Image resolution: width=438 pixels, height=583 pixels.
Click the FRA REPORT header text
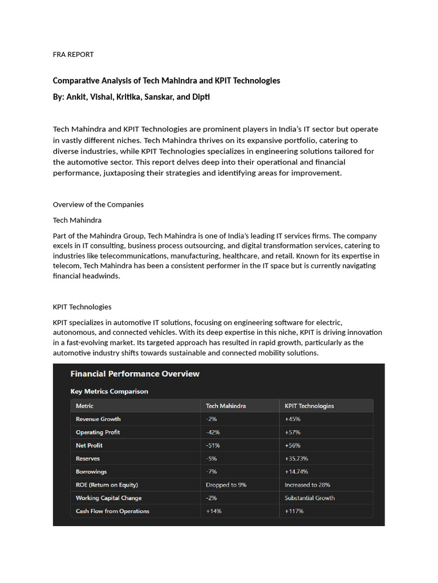73,55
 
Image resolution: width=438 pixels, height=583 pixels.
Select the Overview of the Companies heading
98,204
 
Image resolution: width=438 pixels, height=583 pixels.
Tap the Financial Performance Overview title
135,374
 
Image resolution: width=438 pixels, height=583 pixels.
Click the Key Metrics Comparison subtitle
109,392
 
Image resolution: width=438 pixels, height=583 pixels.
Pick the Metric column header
84,406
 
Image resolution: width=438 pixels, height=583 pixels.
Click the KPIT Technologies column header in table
309,406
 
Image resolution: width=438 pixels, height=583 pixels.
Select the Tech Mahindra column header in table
226,406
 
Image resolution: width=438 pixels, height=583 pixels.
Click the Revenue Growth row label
98,419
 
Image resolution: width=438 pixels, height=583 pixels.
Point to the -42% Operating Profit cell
213,432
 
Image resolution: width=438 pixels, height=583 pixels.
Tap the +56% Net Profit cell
293,445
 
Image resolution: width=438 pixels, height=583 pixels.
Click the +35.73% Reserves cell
297,458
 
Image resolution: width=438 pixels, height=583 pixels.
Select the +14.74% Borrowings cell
297,471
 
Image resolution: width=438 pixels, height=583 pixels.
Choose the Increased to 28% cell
307,485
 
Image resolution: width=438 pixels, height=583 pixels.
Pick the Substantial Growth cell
310,498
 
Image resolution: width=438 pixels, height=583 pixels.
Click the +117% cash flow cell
294,511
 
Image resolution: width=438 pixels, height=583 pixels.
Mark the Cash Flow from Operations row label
112,511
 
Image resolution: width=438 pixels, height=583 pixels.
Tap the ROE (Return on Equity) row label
107,485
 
